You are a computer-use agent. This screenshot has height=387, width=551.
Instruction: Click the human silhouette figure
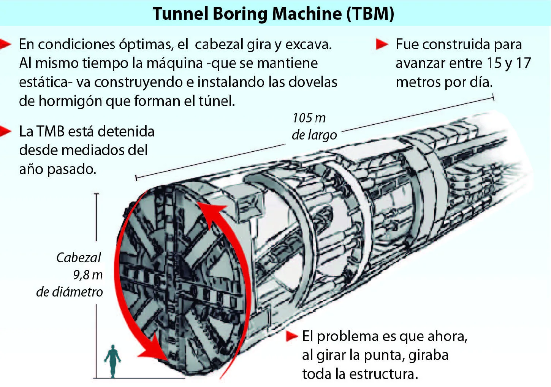coord(112,361)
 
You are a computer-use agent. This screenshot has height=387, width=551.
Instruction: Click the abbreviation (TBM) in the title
coord(370,14)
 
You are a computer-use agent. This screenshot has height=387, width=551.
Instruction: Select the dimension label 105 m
coord(309,118)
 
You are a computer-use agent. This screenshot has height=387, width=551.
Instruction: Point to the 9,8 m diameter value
coord(87,275)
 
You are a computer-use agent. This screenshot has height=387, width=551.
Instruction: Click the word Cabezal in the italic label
coord(78,258)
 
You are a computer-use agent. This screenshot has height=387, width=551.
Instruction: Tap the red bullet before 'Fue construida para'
coord(382,44)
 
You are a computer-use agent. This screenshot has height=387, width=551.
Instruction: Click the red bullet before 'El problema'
coord(292,336)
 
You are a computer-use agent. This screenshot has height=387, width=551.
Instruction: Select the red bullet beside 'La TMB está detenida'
coord(5,131)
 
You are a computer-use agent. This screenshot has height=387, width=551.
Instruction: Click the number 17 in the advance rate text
coord(523,63)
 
